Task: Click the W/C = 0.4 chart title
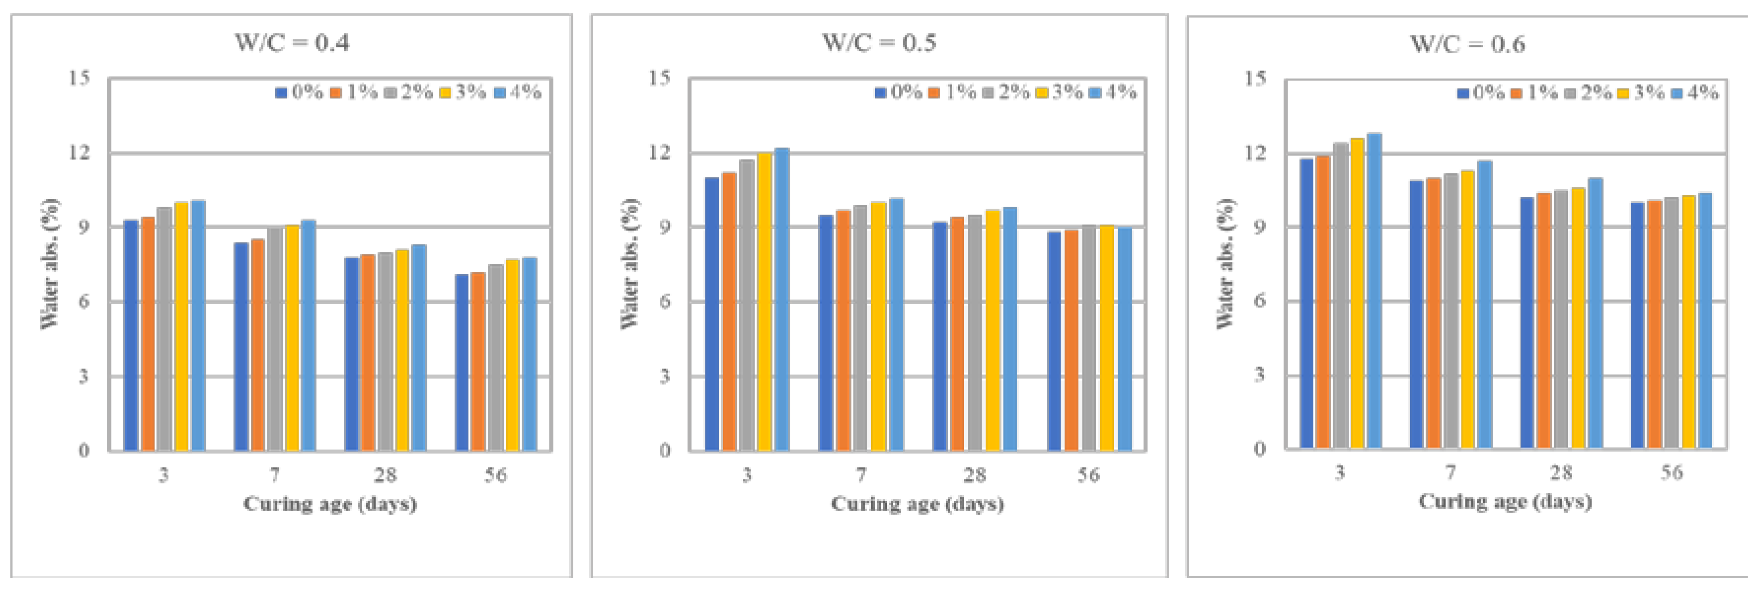[x=292, y=42]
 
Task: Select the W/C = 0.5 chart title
[x=879, y=42]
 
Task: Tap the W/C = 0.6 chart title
[x=1467, y=44]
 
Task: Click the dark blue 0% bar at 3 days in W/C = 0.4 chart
[x=131, y=335]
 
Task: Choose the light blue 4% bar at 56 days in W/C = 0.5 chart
[x=1124, y=339]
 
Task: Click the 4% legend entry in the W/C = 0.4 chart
[x=518, y=92]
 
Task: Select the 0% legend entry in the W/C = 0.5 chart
[x=899, y=92]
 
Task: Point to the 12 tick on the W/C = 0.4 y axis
[x=80, y=152]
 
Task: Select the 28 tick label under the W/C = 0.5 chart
[x=974, y=475]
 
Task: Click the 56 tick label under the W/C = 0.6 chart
[x=1672, y=473]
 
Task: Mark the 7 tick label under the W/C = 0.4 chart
[x=274, y=475]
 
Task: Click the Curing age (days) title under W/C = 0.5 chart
[x=917, y=504]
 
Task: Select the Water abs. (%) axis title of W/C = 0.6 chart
[x=1225, y=263]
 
